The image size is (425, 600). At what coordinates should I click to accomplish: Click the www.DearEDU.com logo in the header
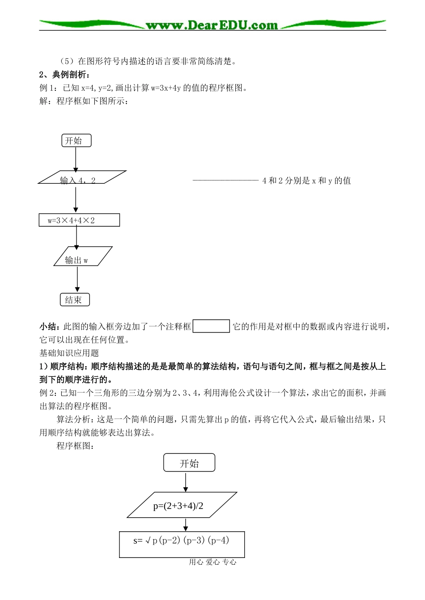(x=212, y=25)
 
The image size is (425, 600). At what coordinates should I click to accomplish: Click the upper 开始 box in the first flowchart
(x=76, y=141)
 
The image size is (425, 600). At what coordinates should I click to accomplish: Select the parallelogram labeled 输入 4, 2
(x=82, y=177)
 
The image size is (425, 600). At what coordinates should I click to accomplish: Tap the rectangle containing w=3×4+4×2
(x=79, y=220)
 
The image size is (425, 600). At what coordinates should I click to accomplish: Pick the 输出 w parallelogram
(x=83, y=257)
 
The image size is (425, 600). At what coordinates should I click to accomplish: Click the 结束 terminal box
(x=75, y=300)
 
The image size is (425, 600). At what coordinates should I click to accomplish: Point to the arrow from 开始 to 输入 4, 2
(x=76, y=159)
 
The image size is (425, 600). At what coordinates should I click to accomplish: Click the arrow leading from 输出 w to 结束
(x=77, y=279)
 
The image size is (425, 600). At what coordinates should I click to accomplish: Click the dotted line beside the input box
(x=225, y=180)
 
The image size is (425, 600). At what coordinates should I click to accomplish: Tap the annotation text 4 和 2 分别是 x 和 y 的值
(x=306, y=181)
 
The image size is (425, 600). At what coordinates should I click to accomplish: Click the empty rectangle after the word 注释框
(x=211, y=326)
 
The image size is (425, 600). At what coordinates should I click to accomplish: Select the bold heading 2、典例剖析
(x=65, y=75)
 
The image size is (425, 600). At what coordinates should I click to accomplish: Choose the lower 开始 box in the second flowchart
(x=189, y=463)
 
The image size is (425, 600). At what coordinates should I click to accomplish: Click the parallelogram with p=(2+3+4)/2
(x=182, y=505)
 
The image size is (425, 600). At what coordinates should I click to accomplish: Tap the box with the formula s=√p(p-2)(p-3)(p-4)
(x=182, y=544)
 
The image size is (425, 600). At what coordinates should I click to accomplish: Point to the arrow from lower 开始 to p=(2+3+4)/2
(x=186, y=482)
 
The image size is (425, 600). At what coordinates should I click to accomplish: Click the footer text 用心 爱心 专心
(x=212, y=562)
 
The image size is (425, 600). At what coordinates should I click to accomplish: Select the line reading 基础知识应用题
(x=69, y=353)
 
